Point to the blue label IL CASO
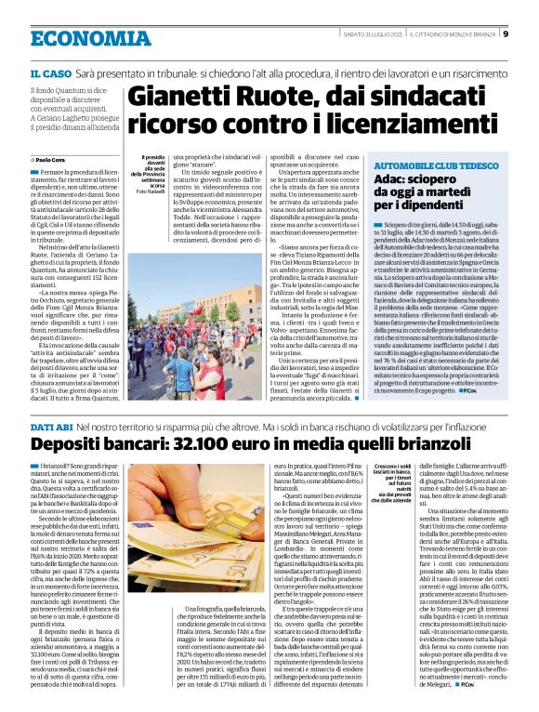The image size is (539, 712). (x=48, y=72)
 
